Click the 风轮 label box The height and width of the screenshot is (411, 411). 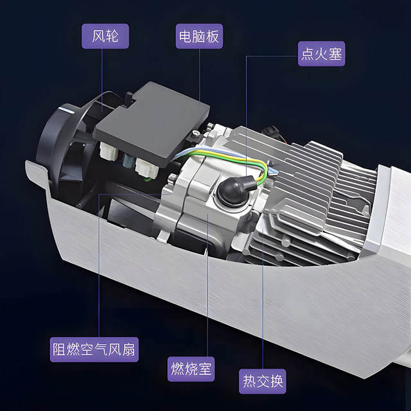pos(105,36)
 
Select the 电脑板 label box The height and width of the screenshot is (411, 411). pos(199,36)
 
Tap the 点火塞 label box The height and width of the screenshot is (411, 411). pos(321,53)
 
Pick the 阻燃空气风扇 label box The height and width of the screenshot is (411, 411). pos(94,349)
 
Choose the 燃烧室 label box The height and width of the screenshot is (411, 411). pos(191,369)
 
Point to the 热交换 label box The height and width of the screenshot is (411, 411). pos(263,381)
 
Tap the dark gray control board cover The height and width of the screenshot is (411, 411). pos(152,124)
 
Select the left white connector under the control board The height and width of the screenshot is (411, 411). pos(109,152)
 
